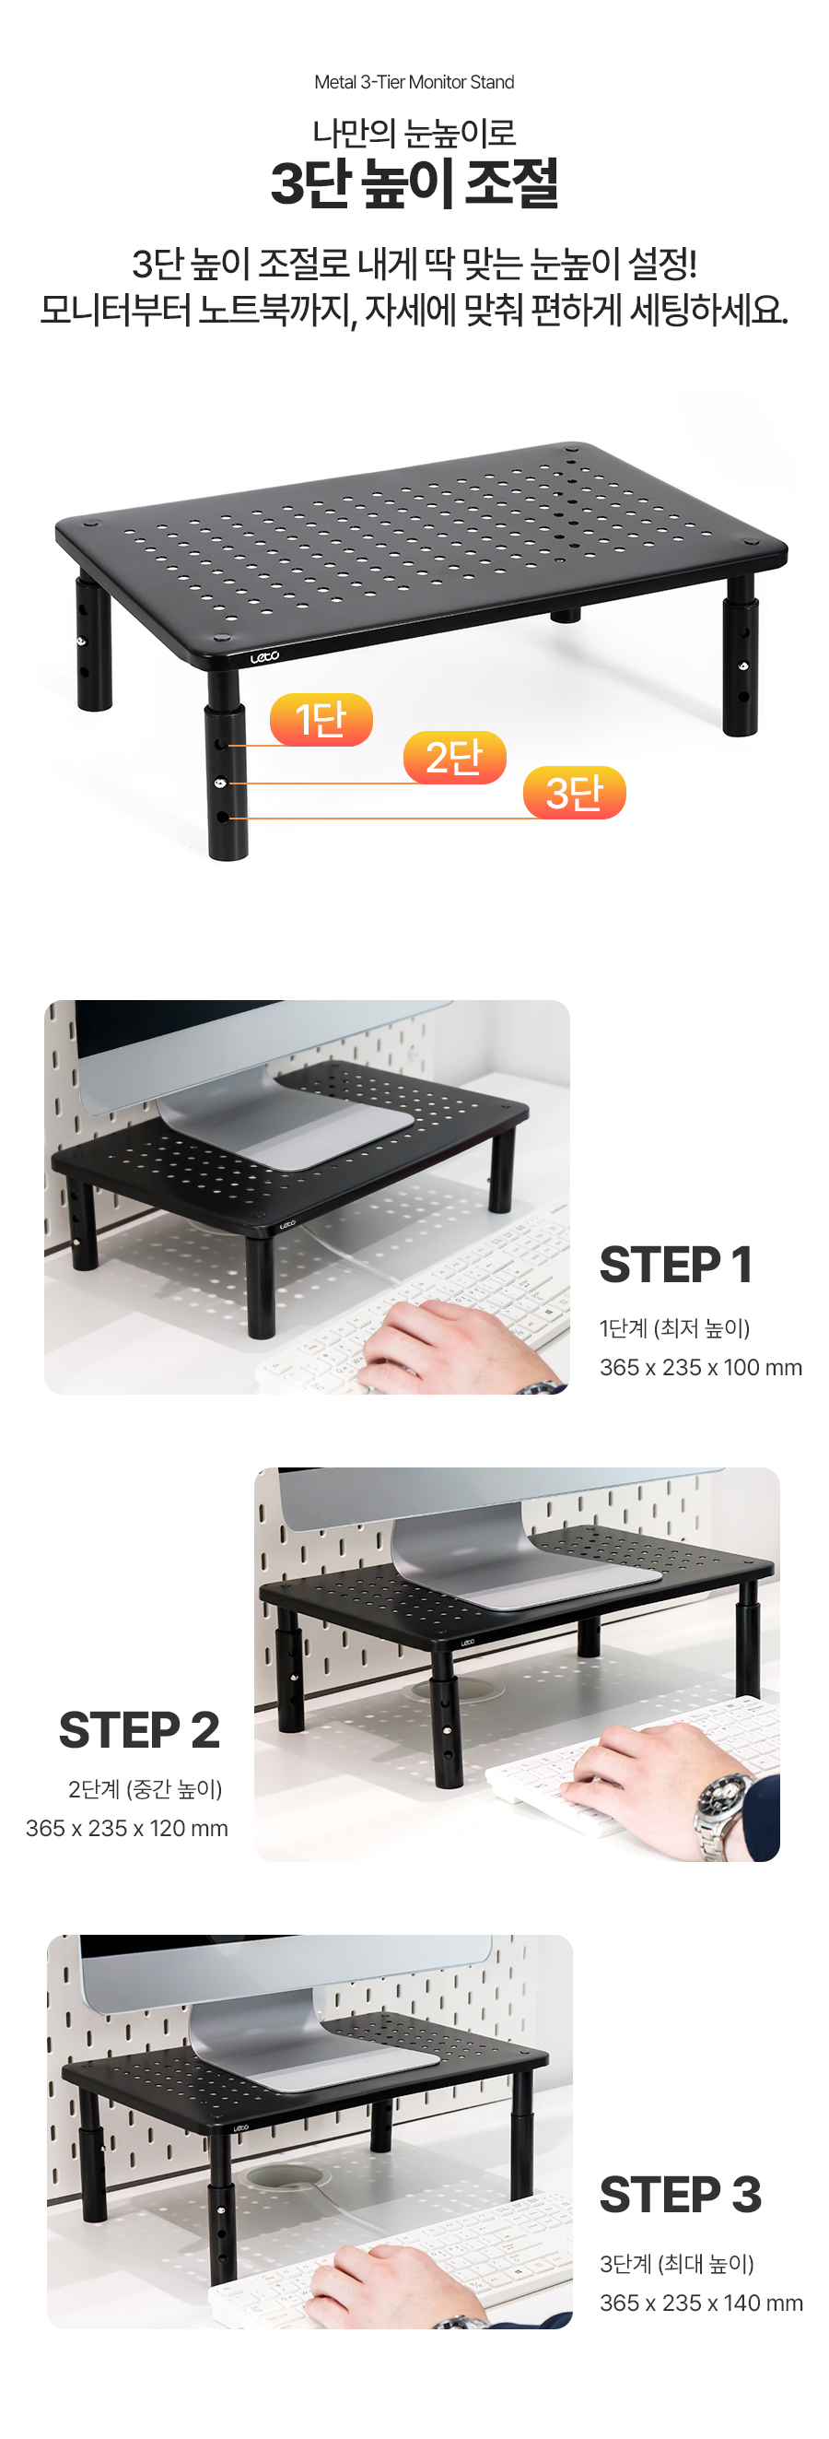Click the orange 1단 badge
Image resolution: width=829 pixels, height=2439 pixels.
click(321, 720)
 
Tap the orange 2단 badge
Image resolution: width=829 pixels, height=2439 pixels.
click(454, 758)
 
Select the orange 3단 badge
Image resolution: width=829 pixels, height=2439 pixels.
click(575, 793)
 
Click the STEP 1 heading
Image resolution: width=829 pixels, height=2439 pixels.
click(676, 1264)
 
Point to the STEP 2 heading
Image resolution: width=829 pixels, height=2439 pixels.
click(139, 1730)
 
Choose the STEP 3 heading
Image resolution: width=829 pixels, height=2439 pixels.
click(681, 2194)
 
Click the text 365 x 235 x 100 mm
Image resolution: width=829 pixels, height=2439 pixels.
click(700, 1367)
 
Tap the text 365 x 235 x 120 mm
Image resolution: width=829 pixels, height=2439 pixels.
click(127, 1828)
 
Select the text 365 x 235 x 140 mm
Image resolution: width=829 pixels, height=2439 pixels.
click(701, 2303)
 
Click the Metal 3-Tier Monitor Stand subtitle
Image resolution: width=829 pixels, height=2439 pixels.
click(414, 82)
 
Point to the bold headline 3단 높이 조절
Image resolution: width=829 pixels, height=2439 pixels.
click(414, 183)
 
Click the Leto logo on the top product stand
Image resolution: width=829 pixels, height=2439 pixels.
click(264, 656)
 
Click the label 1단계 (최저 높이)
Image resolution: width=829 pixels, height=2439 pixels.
click(675, 1328)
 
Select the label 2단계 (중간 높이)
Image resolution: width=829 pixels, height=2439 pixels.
click(145, 1789)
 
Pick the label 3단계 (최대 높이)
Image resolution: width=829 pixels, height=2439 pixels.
click(677, 2264)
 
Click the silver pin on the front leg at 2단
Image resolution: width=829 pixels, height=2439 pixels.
click(220, 782)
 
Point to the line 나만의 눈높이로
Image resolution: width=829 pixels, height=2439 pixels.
click(414, 133)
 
